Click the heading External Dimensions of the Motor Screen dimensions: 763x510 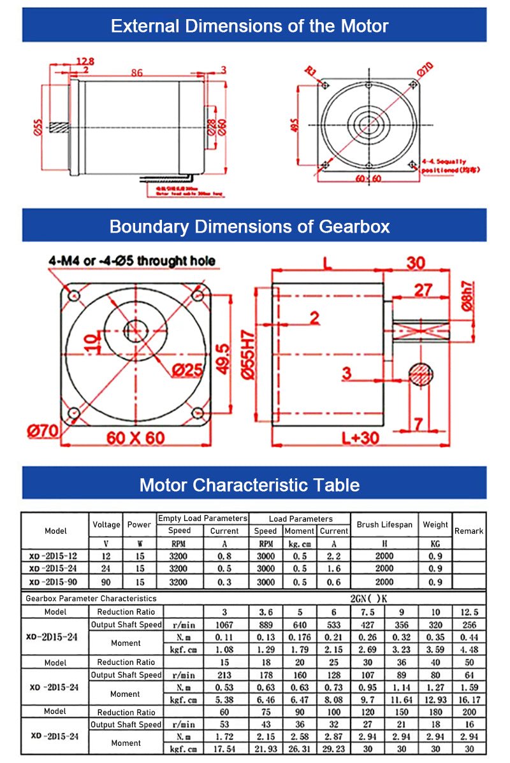(x=249, y=26)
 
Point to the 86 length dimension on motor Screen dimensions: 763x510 (x=136, y=73)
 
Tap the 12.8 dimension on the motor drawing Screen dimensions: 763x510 (x=85, y=61)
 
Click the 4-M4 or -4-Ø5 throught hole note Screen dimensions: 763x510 (x=132, y=260)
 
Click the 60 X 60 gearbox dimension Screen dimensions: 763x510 (x=135, y=438)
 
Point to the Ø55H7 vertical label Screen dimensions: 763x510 (x=248, y=356)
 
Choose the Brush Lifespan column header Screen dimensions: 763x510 (x=384, y=525)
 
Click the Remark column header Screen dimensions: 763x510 (x=469, y=531)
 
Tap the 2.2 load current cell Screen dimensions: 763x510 (x=333, y=556)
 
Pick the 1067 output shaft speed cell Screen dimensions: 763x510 (x=224, y=625)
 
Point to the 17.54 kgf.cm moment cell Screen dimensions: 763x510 (x=224, y=750)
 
